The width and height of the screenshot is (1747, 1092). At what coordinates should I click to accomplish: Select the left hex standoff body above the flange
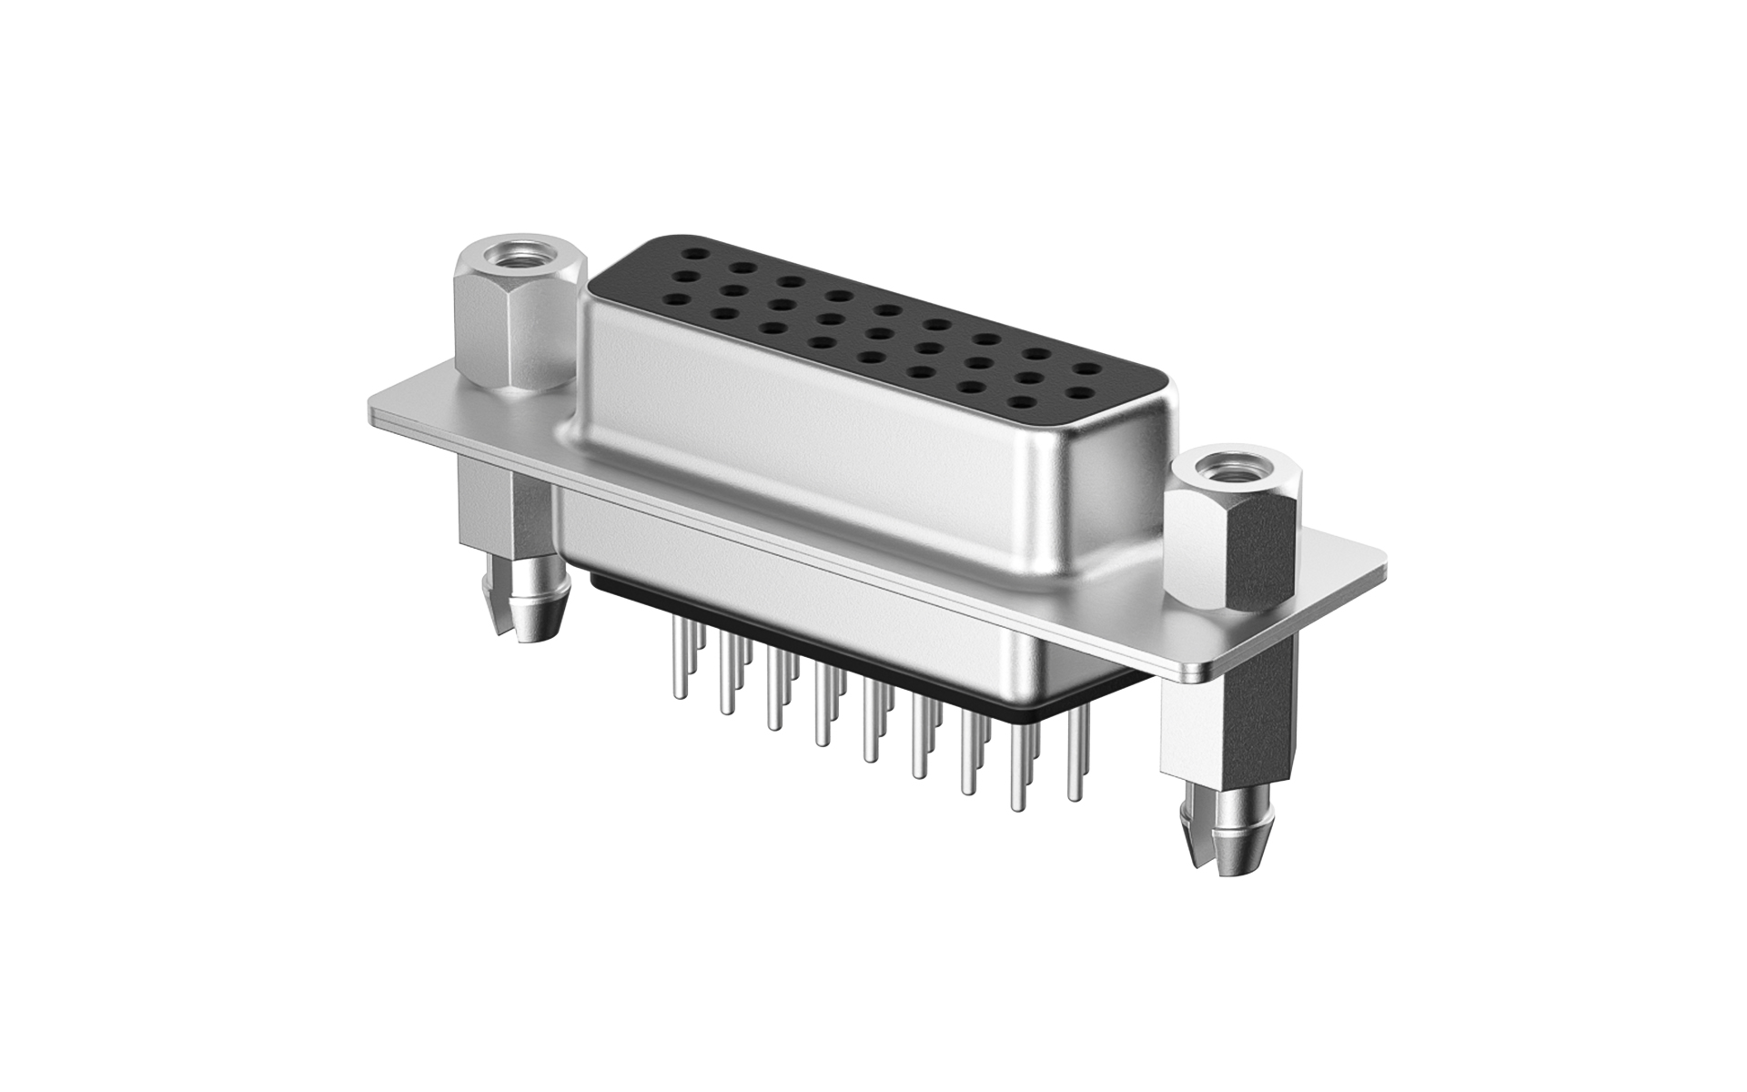click(x=514, y=337)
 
